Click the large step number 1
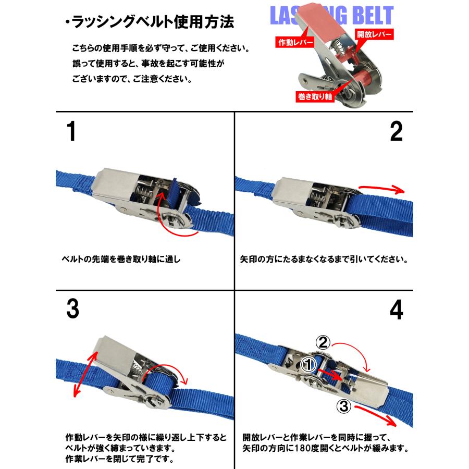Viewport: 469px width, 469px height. click(71, 132)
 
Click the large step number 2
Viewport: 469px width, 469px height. click(397, 132)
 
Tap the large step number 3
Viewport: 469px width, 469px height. click(72, 310)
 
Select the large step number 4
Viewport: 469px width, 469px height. click(397, 311)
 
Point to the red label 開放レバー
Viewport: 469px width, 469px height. click(374, 35)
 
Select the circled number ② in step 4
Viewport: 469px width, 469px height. click(323, 342)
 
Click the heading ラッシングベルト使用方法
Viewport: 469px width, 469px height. click(149, 23)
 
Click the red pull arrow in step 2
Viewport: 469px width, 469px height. click(382, 188)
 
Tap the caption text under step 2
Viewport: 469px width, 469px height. click(324, 259)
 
